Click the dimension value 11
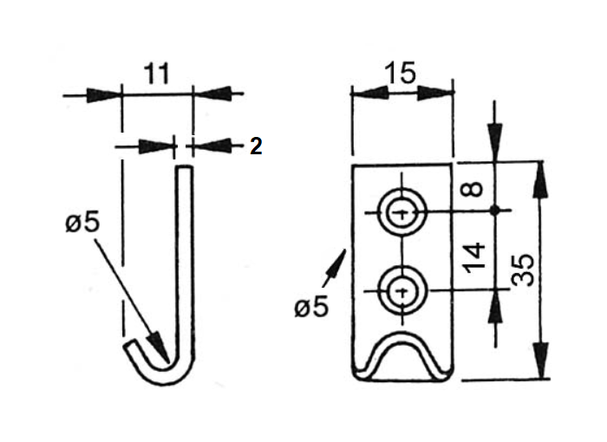(x=156, y=74)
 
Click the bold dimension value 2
(x=256, y=146)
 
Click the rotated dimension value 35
(x=522, y=270)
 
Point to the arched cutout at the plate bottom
(x=401, y=355)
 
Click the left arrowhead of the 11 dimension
(x=104, y=94)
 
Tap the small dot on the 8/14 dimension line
(x=495, y=210)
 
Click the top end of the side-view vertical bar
(x=183, y=171)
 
